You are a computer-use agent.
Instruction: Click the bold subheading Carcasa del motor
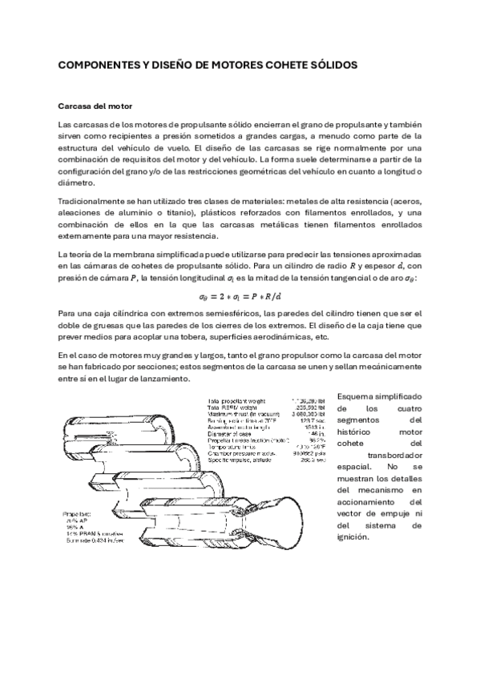[x=95, y=106]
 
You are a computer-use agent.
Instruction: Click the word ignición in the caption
[x=353, y=538]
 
